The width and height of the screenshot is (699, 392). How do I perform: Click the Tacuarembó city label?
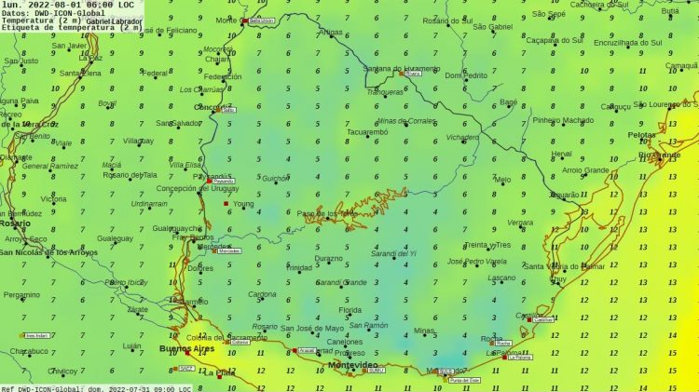point(366,132)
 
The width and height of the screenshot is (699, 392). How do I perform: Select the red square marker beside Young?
point(226,203)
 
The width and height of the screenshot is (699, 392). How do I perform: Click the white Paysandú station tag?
point(220,181)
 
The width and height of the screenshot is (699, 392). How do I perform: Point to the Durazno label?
point(327,259)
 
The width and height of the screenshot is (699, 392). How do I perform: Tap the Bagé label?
point(508,102)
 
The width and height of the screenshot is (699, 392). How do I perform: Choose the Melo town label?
point(502,180)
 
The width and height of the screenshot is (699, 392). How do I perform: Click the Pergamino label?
point(21,295)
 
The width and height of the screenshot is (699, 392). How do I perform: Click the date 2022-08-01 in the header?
point(52,5)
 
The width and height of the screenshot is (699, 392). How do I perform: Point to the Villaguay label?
point(138,141)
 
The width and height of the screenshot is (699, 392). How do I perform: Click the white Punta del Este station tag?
point(463,380)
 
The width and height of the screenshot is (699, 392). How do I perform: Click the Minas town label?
point(424,331)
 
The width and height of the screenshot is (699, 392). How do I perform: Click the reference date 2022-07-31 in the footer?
point(138,387)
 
